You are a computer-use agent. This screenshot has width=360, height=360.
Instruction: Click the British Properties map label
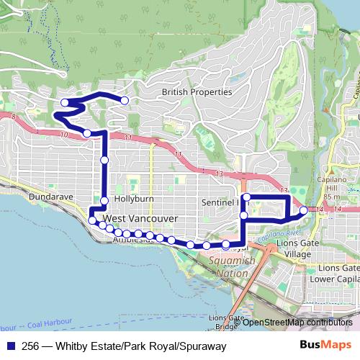pyautogui.click(x=197, y=92)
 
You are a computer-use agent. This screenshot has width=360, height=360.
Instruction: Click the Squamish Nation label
pyautogui.click(x=227, y=267)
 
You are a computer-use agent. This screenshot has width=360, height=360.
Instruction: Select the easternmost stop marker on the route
pyautogui.click(x=303, y=210)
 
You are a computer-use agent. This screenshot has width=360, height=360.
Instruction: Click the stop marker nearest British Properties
pyautogui.click(x=125, y=101)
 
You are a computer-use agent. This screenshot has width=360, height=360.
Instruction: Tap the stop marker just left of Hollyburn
pyautogui.click(x=104, y=200)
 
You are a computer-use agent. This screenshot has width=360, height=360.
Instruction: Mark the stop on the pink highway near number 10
pyautogui.click(x=87, y=133)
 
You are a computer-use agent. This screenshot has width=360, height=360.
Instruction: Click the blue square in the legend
pyautogui.click(x=10, y=346)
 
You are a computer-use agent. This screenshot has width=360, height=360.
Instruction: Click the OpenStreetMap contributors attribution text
pyautogui.click(x=287, y=323)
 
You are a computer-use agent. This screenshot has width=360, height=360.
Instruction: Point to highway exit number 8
pyautogui.click(x=13, y=115)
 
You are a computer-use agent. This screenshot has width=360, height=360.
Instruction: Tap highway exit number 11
pyautogui.click(x=128, y=138)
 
